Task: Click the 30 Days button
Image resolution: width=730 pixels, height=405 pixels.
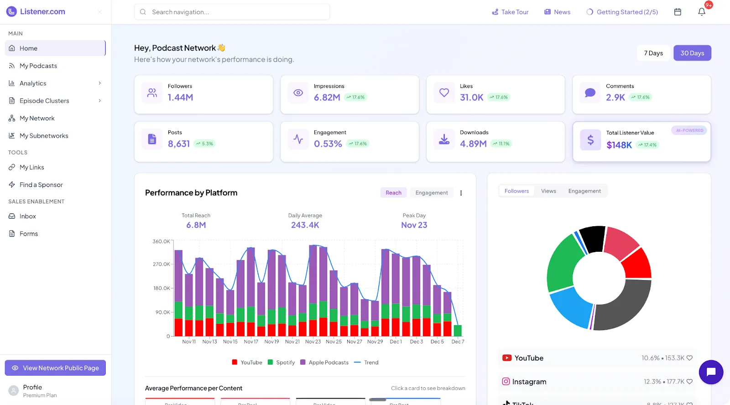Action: coord(692,53)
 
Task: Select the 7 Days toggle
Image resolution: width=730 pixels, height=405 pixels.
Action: coord(653,53)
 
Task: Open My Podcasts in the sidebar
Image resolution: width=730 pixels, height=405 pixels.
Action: coord(38,66)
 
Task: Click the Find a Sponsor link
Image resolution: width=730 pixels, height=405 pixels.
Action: coord(41,185)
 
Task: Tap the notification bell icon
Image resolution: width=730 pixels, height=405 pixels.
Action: coord(702,12)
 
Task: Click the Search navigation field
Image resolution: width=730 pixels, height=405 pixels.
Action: coord(232,12)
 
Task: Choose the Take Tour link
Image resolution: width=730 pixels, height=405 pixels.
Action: coord(510,12)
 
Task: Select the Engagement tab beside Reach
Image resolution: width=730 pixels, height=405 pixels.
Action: coord(431,192)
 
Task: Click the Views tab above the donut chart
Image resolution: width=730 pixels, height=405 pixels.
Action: coord(548,191)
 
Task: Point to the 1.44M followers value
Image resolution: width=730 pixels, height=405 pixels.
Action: coord(180,97)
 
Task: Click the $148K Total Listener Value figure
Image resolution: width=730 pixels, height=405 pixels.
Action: coord(619,145)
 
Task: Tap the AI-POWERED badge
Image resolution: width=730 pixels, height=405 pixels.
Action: coord(689,130)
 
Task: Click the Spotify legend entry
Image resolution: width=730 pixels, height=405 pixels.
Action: coord(282,363)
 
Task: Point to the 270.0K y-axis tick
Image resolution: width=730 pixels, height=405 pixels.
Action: coord(161,264)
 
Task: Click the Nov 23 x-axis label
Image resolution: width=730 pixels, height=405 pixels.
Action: coord(313,342)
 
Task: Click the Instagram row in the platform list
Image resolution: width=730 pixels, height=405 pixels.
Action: coord(597,382)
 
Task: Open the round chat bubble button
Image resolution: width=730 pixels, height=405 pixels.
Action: coord(710,372)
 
